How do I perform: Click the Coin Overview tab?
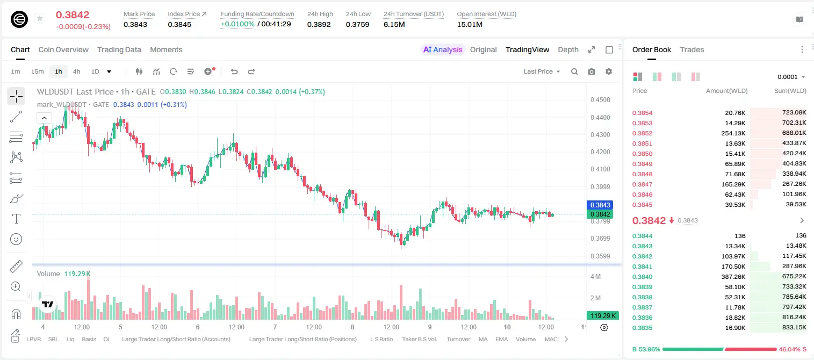pyautogui.click(x=63, y=49)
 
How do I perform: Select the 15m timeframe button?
pyautogui.click(x=37, y=71)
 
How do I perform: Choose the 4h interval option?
pyautogui.click(x=76, y=71)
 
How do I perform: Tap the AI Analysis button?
pyautogui.click(x=443, y=49)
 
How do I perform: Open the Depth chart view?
pyautogui.click(x=568, y=49)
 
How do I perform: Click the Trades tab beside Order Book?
pyautogui.click(x=692, y=49)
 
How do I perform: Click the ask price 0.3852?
pyautogui.click(x=642, y=133)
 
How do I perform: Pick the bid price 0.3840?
pyautogui.click(x=642, y=277)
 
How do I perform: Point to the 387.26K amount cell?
pyautogui.click(x=733, y=277)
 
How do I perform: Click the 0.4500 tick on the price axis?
pyautogui.click(x=600, y=100)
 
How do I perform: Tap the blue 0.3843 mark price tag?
pyautogui.click(x=600, y=205)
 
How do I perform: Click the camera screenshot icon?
pyautogui.click(x=592, y=71)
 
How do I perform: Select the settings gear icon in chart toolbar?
pyautogui.click(x=609, y=71)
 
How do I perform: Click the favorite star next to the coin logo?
pyautogui.click(x=40, y=18)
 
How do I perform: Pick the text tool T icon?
pyautogui.click(x=16, y=219)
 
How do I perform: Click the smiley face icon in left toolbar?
pyautogui.click(x=16, y=239)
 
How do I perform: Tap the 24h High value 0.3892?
pyautogui.click(x=319, y=24)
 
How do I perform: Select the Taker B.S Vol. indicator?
pyautogui.click(x=419, y=339)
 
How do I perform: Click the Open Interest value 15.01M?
pyautogui.click(x=470, y=24)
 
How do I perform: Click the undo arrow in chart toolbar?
pyautogui.click(x=234, y=71)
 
